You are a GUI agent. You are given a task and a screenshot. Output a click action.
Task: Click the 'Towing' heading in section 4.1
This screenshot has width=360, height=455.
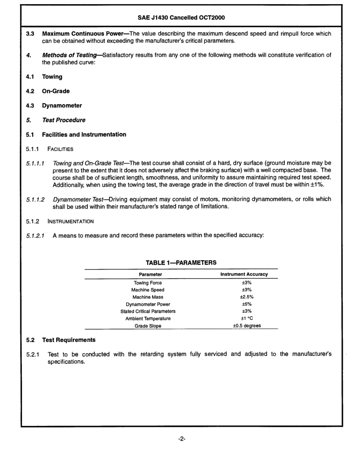click(x=52, y=77)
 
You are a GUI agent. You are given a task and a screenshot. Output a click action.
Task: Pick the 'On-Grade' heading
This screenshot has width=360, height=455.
click(x=56, y=91)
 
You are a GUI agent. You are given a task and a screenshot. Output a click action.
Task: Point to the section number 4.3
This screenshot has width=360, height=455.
click(x=30, y=106)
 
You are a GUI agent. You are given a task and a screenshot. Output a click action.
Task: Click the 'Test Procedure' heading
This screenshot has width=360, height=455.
click(x=64, y=120)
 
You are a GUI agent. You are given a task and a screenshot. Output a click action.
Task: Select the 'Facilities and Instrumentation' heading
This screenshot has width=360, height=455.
click(x=84, y=134)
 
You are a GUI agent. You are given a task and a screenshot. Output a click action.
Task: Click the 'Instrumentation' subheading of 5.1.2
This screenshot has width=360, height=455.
click(x=70, y=221)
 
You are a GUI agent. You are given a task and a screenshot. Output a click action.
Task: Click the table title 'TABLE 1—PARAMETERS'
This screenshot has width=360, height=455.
click(x=181, y=262)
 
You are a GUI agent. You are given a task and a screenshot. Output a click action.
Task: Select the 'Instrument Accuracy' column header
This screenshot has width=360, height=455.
click(x=244, y=274)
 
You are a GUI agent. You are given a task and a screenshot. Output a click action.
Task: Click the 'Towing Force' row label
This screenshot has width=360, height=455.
click(x=148, y=283)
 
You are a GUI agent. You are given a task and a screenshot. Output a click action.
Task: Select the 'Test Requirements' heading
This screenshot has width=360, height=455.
click(x=69, y=340)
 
